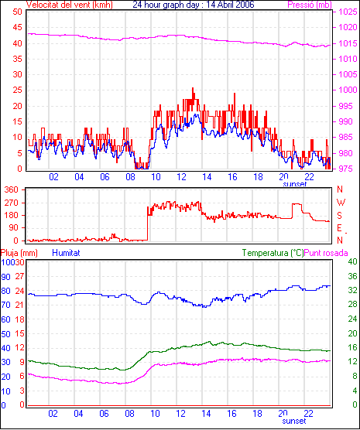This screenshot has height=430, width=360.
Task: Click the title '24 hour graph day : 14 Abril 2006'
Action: click(x=194, y=5)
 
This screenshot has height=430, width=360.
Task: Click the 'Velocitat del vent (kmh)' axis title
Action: click(x=70, y=5)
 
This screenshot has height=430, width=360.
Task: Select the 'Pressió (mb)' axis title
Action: click(x=310, y=5)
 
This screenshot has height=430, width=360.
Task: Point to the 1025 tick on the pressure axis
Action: click(x=348, y=12)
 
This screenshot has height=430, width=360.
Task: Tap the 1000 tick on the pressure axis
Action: click(x=348, y=90)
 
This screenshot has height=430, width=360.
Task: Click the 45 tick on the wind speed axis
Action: click(x=17, y=27)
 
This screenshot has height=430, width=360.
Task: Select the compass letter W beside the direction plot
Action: click(x=341, y=203)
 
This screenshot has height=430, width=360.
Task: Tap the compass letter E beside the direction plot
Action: click(x=339, y=228)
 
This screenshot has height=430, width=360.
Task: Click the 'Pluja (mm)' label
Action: click(x=19, y=253)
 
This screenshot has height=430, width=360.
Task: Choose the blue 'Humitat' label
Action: click(x=66, y=253)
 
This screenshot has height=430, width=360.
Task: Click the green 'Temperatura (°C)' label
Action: click(x=273, y=253)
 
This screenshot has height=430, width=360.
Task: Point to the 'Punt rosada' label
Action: click(x=326, y=253)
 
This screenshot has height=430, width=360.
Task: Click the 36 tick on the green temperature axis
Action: click(x=352, y=276)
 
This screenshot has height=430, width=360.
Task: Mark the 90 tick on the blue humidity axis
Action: click(x=5, y=277)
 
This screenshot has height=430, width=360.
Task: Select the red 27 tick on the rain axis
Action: click(x=19, y=276)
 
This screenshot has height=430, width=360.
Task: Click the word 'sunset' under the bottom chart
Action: click(x=294, y=421)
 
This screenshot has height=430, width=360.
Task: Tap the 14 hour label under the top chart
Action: click(x=207, y=177)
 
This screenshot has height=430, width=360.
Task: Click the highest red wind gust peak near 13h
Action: click(x=193, y=88)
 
